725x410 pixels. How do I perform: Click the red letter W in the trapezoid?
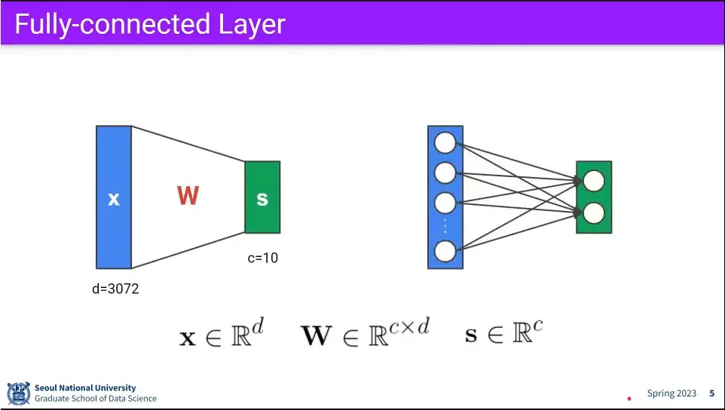point(188,195)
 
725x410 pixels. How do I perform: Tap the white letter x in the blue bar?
point(114,200)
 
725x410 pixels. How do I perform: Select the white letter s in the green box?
point(262,199)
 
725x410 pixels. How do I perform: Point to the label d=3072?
point(115,289)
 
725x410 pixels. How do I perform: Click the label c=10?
point(262,258)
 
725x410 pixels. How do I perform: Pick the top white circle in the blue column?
point(445,142)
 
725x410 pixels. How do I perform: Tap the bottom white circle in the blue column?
point(445,251)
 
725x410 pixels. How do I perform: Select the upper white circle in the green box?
point(594,181)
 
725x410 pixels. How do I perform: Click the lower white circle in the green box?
point(594,213)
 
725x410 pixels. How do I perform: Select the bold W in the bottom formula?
point(317,336)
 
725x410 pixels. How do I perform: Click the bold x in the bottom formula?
point(187,339)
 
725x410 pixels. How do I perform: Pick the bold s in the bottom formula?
point(471,335)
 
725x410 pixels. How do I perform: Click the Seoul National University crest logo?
point(19,393)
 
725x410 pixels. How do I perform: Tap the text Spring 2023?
point(671,393)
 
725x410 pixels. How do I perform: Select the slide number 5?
point(712,393)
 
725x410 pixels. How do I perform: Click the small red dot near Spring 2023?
point(629,398)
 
